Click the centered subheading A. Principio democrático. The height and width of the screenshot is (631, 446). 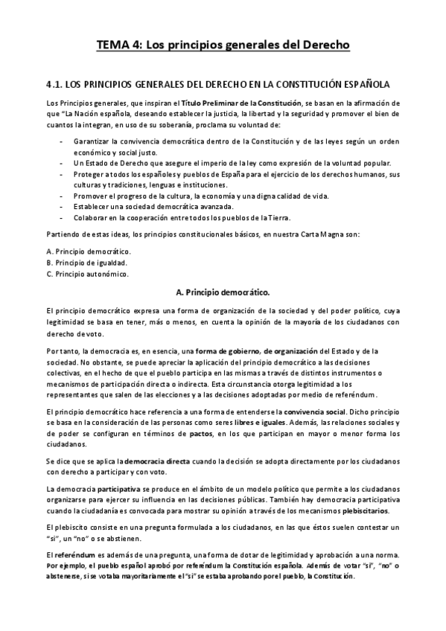click(x=223, y=292)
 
